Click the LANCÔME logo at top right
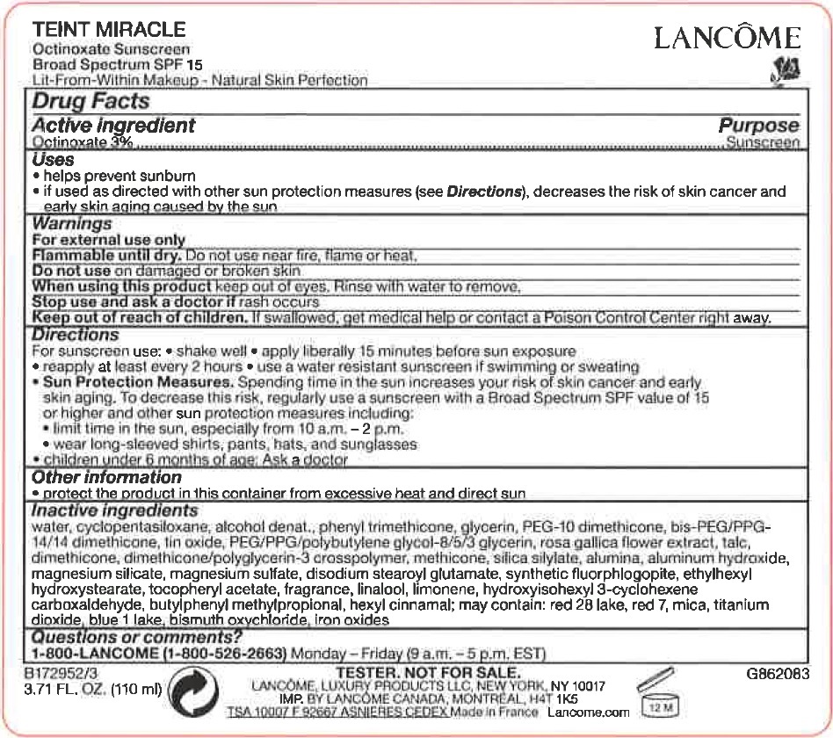click(x=727, y=38)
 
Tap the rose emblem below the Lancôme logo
click(x=784, y=71)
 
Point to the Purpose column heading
click(x=759, y=126)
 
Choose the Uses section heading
click(x=54, y=160)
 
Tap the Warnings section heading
click(x=72, y=224)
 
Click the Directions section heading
click(x=76, y=335)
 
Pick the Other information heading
click(x=107, y=477)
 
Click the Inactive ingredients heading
click(x=115, y=510)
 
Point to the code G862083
click(x=777, y=674)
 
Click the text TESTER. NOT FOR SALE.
click(x=429, y=673)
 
